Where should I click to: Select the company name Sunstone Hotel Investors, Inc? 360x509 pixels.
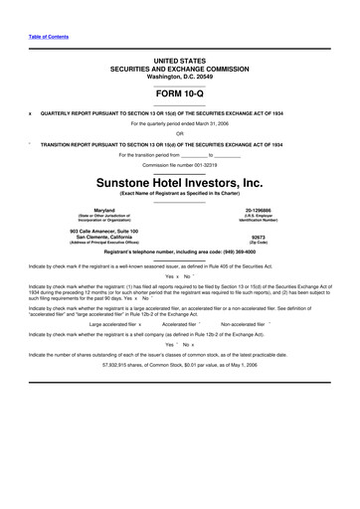coord(180,183)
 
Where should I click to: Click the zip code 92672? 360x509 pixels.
coord(256,237)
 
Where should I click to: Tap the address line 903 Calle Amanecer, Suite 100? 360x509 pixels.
coord(104,231)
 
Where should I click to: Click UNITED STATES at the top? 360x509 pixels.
coord(180,61)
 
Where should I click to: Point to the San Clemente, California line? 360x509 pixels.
coord(104,237)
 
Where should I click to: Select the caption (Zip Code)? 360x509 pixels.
coord(256,243)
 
